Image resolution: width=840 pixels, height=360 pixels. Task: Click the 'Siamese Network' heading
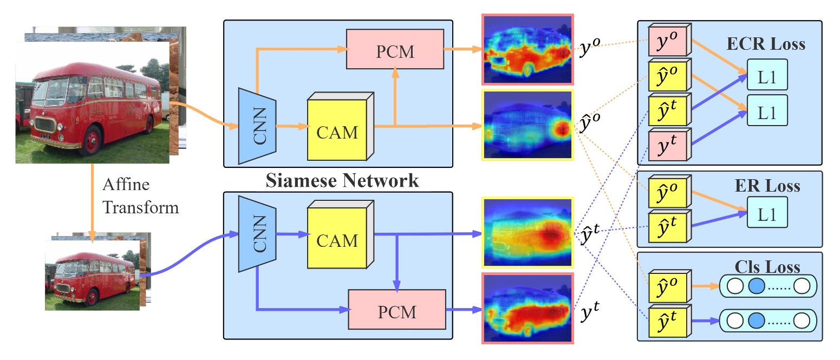pos(342,180)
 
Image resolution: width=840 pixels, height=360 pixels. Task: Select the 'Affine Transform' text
pos(140,197)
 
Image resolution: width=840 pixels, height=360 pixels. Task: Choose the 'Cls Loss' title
pos(769,267)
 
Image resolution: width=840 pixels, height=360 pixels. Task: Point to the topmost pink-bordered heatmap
pos(527,50)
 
